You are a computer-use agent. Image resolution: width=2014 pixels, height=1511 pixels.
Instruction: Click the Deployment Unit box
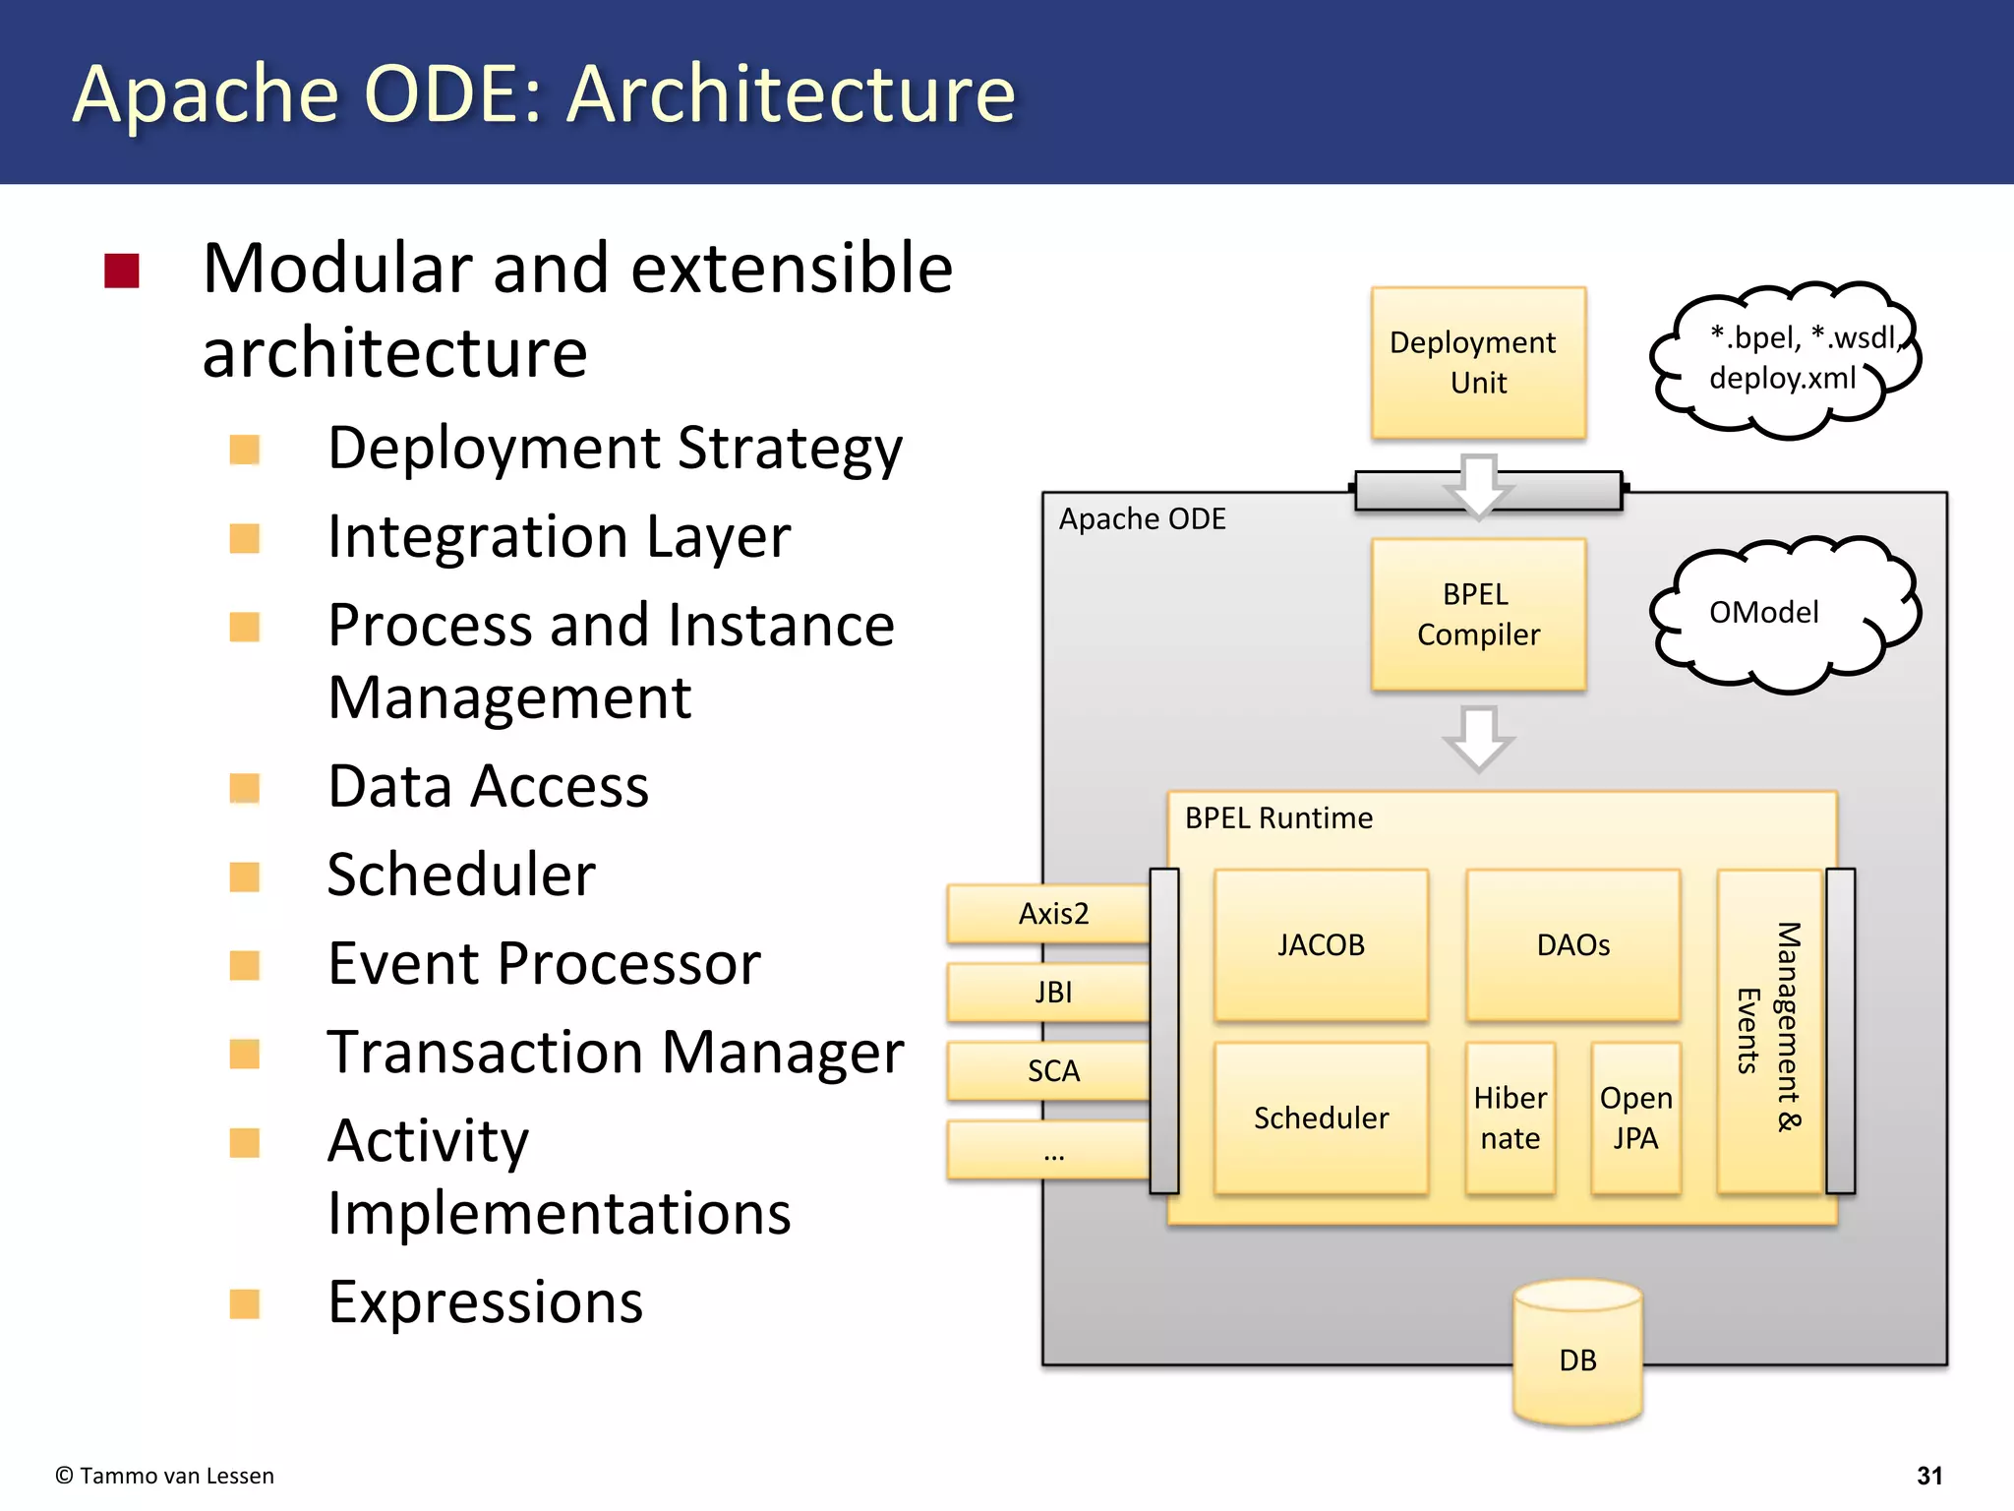[x=1478, y=362]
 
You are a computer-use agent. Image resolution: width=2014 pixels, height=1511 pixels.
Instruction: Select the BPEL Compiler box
[x=1478, y=614]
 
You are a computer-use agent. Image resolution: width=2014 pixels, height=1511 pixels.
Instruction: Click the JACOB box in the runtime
[x=1321, y=944]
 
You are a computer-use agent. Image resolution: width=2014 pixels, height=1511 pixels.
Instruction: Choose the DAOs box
[x=1572, y=944]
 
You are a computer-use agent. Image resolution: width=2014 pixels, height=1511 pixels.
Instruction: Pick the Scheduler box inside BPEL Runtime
[x=1321, y=1118]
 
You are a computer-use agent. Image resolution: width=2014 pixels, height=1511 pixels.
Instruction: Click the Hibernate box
[x=1510, y=1118]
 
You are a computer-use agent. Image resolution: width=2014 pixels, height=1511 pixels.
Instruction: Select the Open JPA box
[x=1635, y=1118]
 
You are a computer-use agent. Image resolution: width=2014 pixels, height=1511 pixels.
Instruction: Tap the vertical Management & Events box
[x=1769, y=1029]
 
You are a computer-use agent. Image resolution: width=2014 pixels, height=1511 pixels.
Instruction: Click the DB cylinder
[x=1577, y=1358]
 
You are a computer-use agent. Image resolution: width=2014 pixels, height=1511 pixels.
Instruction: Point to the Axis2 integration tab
[x=1049, y=913]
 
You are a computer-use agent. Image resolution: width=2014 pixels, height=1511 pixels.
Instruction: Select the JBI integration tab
[x=1049, y=992]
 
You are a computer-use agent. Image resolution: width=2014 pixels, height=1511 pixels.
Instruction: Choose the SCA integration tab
[x=1049, y=1070]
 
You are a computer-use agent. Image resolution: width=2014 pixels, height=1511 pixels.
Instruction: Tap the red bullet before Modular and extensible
[x=122, y=271]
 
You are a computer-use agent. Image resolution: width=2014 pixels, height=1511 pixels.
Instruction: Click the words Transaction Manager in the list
[x=615, y=1052]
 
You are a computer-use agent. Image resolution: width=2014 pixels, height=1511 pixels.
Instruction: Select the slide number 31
[x=1929, y=1476]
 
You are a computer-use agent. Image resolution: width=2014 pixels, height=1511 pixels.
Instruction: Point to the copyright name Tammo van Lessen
[x=176, y=1476]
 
